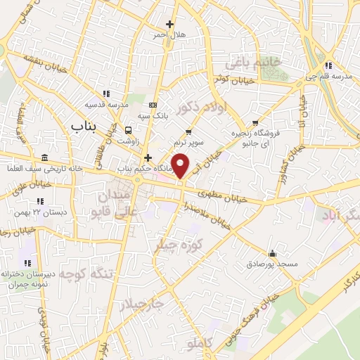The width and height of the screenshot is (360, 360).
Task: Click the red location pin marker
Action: (181, 165)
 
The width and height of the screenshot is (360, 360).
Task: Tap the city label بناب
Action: (86, 125)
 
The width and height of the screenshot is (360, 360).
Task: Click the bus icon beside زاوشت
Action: (128, 130)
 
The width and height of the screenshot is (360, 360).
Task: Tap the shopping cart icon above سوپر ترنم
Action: (188, 131)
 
